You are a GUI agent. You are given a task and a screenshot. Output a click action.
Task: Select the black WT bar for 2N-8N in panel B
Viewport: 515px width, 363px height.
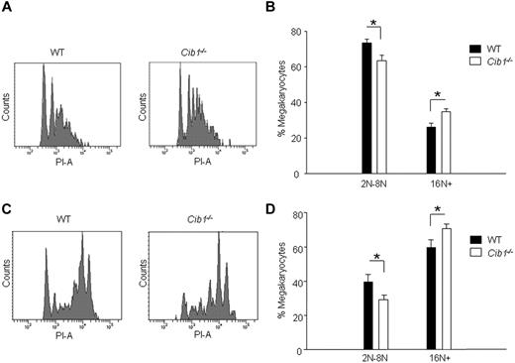(x=366, y=108)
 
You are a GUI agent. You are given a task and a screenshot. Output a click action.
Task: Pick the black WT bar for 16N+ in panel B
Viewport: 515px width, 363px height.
(x=431, y=150)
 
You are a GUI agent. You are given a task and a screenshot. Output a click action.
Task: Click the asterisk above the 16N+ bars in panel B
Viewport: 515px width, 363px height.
(x=438, y=95)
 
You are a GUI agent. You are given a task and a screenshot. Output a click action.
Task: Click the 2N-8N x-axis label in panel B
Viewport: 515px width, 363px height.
(x=374, y=184)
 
